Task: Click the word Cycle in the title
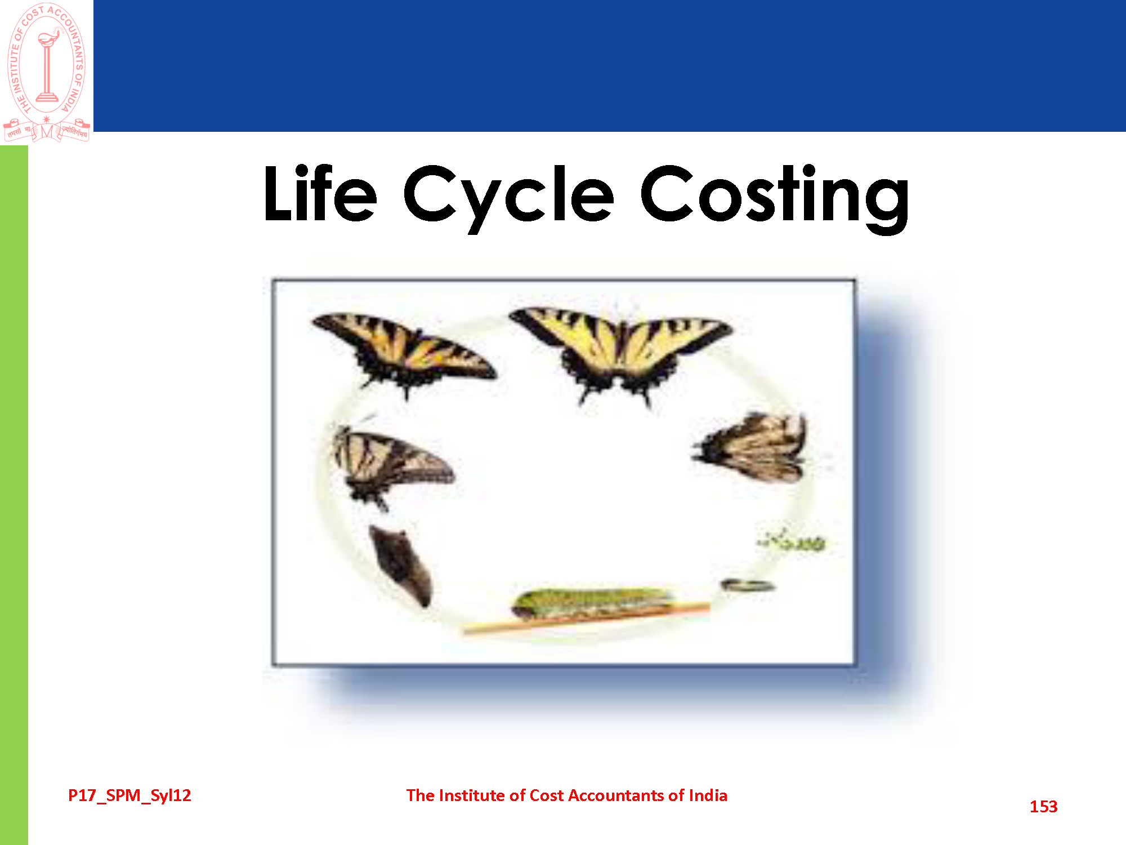tap(508, 198)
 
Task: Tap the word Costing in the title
tap(775, 198)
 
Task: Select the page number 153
tap(1043, 807)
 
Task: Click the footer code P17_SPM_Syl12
tap(129, 795)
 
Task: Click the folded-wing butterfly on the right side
tap(751, 448)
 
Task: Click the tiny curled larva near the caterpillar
tap(748, 586)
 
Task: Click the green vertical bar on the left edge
tap(14, 495)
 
